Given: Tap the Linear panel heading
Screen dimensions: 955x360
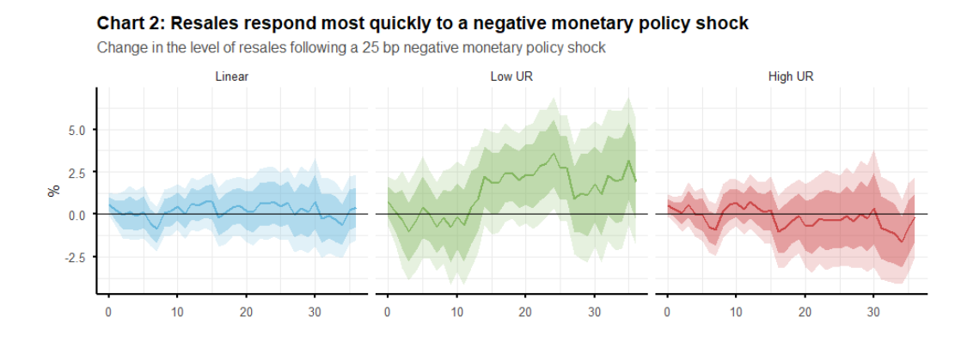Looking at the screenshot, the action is (231, 77).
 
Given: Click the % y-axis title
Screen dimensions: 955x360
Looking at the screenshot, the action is (55, 190).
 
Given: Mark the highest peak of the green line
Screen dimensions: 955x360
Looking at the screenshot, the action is (553, 154).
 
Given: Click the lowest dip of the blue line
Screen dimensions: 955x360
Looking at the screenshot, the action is (157, 229).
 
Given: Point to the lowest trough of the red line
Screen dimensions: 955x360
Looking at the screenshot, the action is (901, 241).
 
